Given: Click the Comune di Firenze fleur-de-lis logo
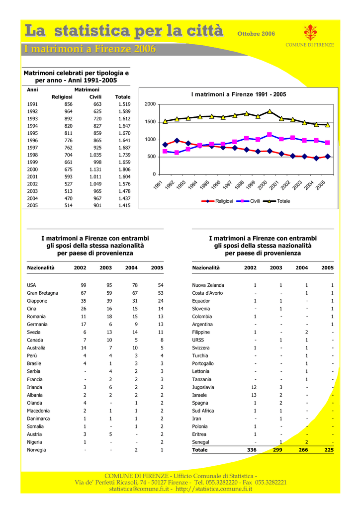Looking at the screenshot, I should coord(310,33).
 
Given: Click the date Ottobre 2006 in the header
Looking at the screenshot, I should coord(256,34).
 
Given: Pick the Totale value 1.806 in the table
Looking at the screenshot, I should coord(124,170).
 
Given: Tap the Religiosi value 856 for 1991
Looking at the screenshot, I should coord(68,104).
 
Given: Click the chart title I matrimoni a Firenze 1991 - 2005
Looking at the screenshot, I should coord(239,94).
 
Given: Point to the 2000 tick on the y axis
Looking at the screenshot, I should coord(150,104).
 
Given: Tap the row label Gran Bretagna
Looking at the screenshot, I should coord(42,293).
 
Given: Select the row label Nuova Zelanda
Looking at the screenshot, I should coord(208,285).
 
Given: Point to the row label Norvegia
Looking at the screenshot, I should coord(36,450).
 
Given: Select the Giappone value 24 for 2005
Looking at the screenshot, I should coord(161,301).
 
